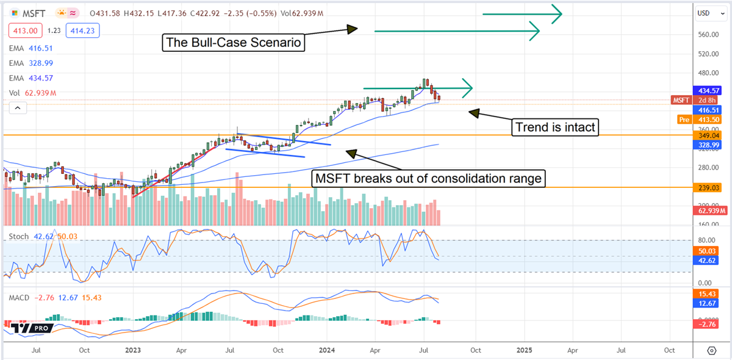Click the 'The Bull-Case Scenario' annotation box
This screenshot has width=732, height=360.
[234, 43]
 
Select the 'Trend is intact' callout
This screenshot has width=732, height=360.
[554, 127]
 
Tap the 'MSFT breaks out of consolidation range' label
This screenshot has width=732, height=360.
[428, 179]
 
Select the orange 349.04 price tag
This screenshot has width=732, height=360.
[707, 135]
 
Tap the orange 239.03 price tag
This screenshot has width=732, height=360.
[707, 189]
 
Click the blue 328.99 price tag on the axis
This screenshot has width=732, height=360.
[707, 145]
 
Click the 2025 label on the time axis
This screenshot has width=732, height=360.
[524, 350]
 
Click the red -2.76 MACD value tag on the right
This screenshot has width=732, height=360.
[707, 323]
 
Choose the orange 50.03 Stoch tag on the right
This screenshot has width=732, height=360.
[707, 251]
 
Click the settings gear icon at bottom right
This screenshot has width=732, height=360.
[711, 350]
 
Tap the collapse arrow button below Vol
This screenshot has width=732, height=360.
[17, 108]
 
